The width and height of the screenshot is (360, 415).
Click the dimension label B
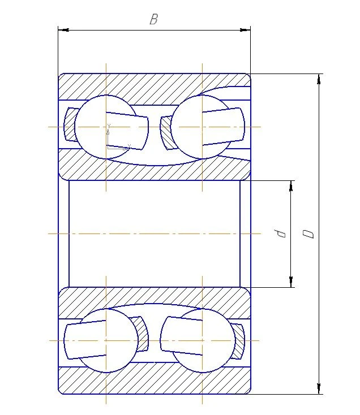click(x=153, y=20)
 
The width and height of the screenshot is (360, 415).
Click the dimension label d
click(x=278, y=233)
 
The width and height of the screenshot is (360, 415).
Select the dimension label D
click(x=308, y=233)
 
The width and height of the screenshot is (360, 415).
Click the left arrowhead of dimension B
click(x=62, y=29)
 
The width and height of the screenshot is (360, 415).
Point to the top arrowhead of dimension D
click(x=320, y=79)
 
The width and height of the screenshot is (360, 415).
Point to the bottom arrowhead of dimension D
click(x=320, y=388)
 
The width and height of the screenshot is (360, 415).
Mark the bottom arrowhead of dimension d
click(x=291, y=282)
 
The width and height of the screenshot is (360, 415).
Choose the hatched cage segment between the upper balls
click(x=166, y=133)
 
